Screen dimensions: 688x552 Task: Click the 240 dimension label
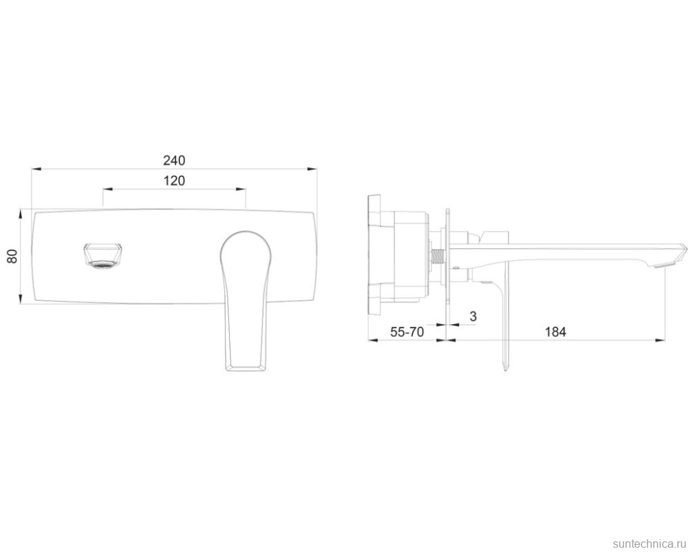coord(174,160)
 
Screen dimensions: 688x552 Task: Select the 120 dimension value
coord(174,180)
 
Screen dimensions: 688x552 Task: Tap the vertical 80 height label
coord(12,256)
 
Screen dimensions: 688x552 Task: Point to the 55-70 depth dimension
coord(407,332)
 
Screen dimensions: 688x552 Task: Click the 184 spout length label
coord(555,332)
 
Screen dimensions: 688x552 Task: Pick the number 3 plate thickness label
coord(473,316)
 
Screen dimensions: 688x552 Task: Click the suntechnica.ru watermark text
coord(650,543)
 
